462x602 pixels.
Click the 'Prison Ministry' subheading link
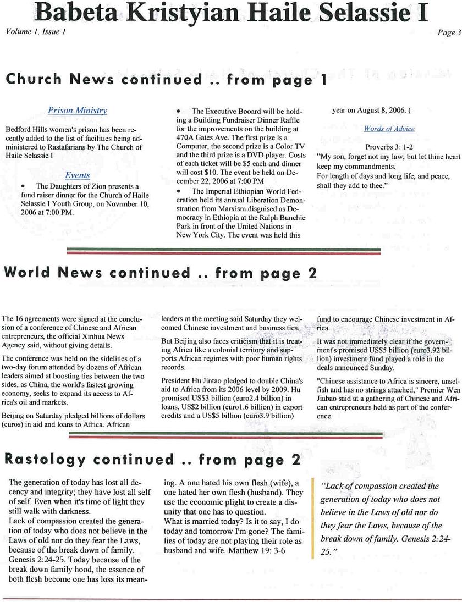click(78, 111)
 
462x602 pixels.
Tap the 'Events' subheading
click(78, 175)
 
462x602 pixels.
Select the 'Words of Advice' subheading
click(389, 129)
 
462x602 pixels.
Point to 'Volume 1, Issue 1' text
click(36, 31)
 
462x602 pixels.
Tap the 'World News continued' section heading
click(160, 273)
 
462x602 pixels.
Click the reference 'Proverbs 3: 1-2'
click(389, 147)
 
